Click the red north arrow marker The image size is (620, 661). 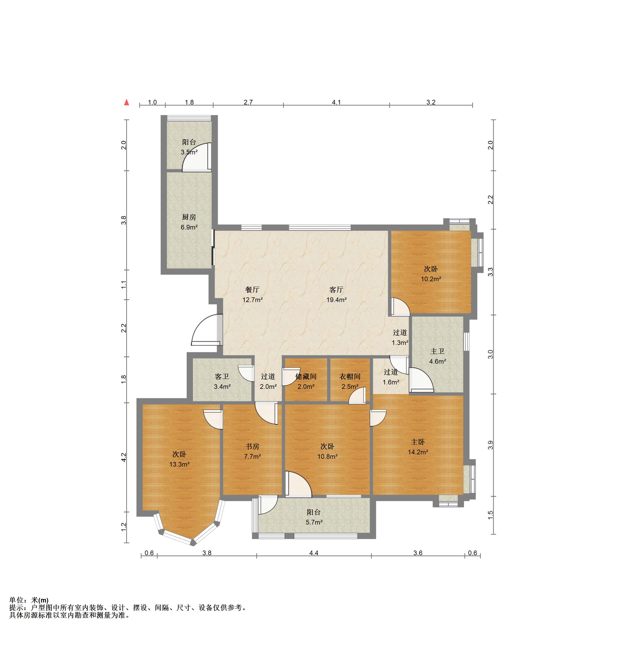(x=126, y=102)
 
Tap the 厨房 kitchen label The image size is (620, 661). (x=189, y=217)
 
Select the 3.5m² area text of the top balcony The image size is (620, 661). (x=189, y=152)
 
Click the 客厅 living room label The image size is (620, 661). (x=336, y=290)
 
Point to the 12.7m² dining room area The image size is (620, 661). (x=253, y=300)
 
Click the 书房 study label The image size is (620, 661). (x=253, y=446)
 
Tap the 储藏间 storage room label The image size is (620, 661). (x=306, y=376)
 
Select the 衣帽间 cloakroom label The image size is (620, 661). (x=350, y=376)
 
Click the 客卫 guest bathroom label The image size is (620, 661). (x=222, y=376)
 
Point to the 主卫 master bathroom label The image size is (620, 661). (x=438, y=351)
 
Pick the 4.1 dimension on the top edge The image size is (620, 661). (x=336, y=102)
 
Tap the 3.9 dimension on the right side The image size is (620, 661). (x=490, y=445)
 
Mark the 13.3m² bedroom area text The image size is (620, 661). (x=179, y=464)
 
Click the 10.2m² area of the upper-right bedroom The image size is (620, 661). (x=431, y=279)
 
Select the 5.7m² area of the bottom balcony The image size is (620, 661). (x=314, y=522)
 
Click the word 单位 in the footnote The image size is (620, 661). (x=16, y=600)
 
